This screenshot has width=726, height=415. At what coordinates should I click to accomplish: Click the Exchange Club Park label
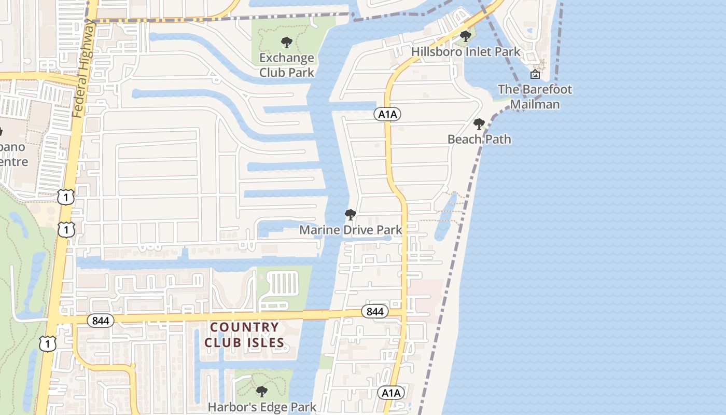pyautogui.click(x=287, y=65)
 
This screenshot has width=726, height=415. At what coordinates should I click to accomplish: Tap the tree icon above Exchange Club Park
pyautogui.click(x=286, y=43)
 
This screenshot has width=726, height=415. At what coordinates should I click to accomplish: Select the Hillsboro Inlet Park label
pyautogui.click(x=466, y=52)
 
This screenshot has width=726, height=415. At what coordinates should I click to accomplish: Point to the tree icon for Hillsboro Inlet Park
pyautogui.click(x=466, y=36)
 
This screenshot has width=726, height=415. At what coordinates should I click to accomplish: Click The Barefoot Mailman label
pyautogui.click(x=535, y=96)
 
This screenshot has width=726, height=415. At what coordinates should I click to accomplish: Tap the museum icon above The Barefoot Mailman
pyautogui.click(x=535, y=75)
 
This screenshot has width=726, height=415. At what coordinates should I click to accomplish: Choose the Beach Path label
pyautogui.click(x=479, y=139)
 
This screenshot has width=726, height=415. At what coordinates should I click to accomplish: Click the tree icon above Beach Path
pyautogui.click(x=479, y=124)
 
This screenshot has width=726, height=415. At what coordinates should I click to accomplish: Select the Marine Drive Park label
pyautogui.click(x=351, y=229)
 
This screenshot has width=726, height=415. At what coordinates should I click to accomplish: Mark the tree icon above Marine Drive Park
pyautogui.click(x=351, y=214)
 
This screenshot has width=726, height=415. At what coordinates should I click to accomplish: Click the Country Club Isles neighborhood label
pyautogui.click(x=244, y=335)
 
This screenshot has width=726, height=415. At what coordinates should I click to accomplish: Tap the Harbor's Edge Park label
pyautogui.click(x=262, y=407)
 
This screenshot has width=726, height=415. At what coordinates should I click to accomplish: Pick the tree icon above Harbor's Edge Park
pyautogui.click(x=262, y=391)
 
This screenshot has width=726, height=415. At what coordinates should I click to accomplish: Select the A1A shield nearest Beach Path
pyautogui.click(x=387, y=114)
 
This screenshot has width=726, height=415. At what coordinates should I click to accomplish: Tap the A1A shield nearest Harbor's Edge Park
pyautogui.click(x=390, y=393)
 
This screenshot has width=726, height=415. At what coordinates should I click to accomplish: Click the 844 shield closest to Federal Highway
pyautogui.click(x=100, y=321)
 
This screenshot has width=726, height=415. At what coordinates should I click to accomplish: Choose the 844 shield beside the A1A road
pyautogui.click(x=374, y=311)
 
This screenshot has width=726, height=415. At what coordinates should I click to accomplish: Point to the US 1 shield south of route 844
pyautogui.click(x=47, y=344)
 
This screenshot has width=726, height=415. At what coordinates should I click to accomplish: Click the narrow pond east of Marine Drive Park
pyautogui.click(x=445, y=218)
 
